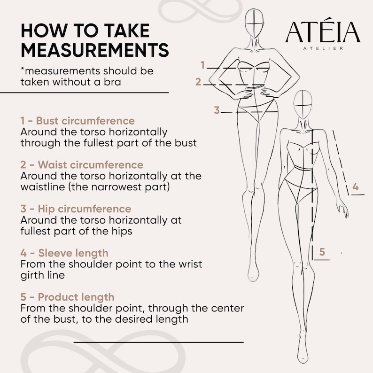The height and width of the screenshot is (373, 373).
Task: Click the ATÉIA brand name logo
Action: [x=323, y=33]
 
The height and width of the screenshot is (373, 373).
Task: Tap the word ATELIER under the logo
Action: [x=323, y=48]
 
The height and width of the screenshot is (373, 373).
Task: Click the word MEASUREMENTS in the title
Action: [x=94, y=50]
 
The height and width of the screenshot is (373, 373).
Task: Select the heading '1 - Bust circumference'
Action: [x=78, y=121]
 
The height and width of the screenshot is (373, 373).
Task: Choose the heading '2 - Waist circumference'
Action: [x=82, y=165]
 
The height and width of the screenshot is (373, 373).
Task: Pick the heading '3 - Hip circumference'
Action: [x=76, y=209]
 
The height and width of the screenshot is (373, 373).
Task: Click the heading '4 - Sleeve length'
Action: [x=64, y=253]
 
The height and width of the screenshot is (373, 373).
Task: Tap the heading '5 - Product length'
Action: [x=67, y=297]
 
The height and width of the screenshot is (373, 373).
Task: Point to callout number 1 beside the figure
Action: [x=202, y=65]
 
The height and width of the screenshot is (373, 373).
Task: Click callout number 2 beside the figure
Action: [x=198, y=82]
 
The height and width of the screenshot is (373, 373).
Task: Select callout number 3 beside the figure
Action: [x=217, y=110]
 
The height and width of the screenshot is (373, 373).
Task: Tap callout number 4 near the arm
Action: [x=356, y=186]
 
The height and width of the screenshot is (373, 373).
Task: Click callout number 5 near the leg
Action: [x=322, y=252]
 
